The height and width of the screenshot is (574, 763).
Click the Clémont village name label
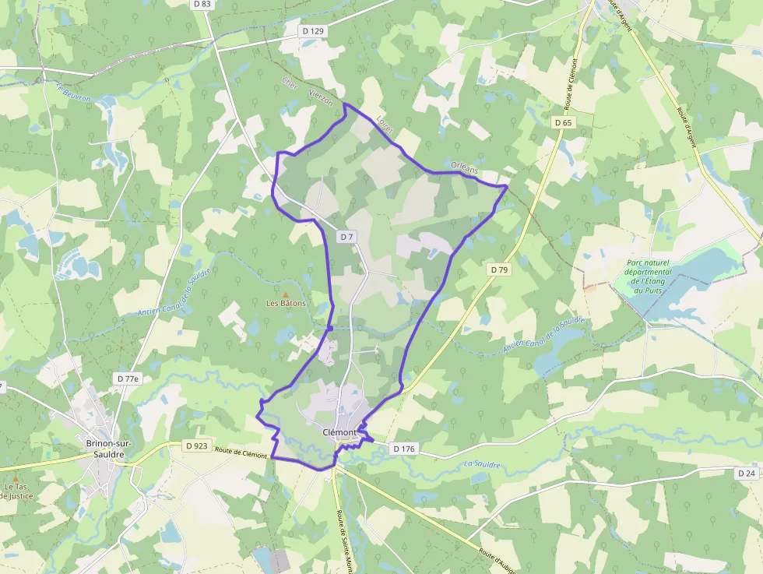click(x=339, y=432)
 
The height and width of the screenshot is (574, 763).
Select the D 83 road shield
click(x=201, y=4)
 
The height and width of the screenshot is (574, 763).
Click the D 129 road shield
click(x=312, y=31)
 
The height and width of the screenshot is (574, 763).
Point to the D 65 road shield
click(x=564, y=123)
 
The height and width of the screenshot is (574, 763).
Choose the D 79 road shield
click(x=499, y=269)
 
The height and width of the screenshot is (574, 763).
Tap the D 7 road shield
click(x=346, y=236)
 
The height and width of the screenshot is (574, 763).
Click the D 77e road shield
click(x=128, y=379)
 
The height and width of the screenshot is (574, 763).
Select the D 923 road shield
click(x=197, y=446)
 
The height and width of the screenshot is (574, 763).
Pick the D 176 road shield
click(x=404, y=449)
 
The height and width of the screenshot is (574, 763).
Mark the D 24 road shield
click(x=746, y=473)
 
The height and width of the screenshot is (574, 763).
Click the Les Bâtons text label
click(x=286, y=303)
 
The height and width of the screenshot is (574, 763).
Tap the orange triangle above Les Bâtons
click(x=285, y=294)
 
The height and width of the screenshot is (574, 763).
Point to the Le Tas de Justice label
click(x=17, y=491)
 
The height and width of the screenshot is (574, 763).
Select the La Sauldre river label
click(x=481, y=465)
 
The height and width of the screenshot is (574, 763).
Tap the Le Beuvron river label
click(x=74, y=93)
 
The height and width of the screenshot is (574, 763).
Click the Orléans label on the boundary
click(x=465, y=168)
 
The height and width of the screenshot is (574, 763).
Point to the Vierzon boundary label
click(x=321, y=97)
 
